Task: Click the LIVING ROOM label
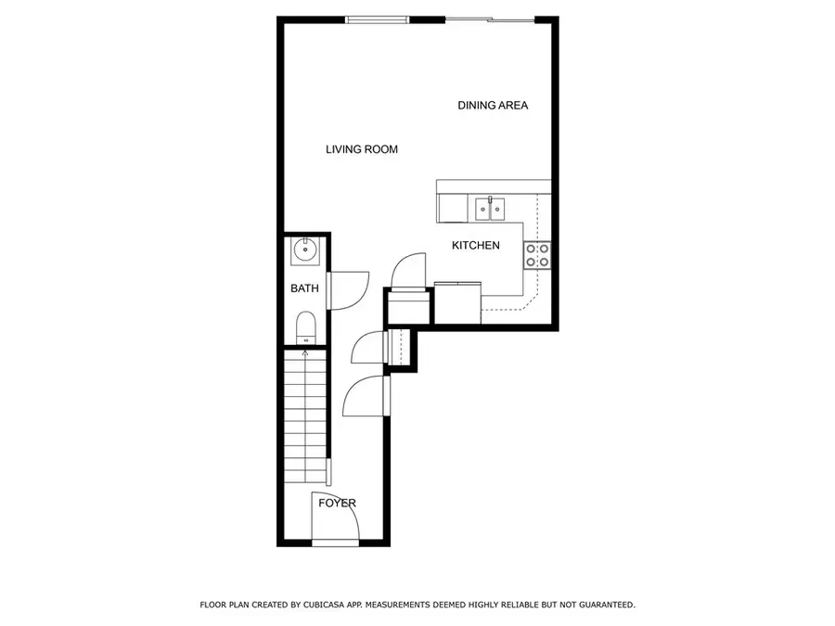click(x=362, y=149)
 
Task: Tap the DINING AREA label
click(x=493, y=106)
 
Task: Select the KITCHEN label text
click(x=476, y=246)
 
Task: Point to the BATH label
click(x=304, y=288)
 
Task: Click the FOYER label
click(x=337, y=504)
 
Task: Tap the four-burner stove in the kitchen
click(x=537, y=255)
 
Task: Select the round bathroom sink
click(x=305, y=249)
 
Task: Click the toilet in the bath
click(x=305, y=327)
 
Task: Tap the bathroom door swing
click(x=348, y=289)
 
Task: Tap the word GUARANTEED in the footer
click(x=603, y=605)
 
